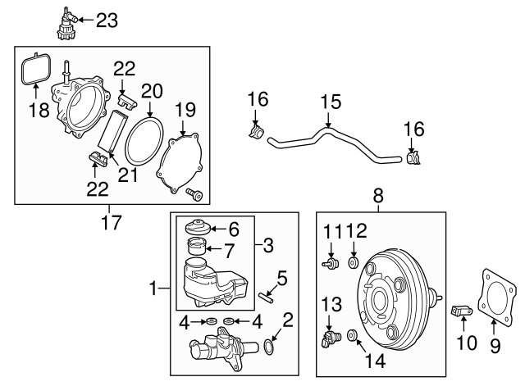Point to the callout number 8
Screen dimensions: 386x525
click(x=378, y=196)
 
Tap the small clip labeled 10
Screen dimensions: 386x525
click(x=463, y=311)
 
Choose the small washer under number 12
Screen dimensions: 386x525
click(x=354, y=264)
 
